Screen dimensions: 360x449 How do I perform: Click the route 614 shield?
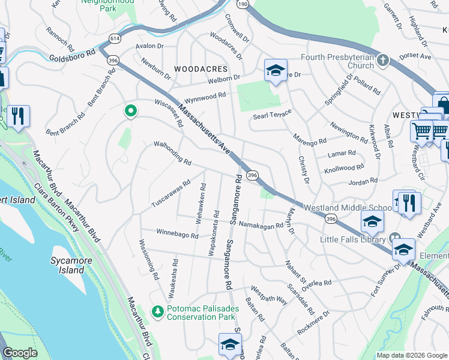click(113, 38)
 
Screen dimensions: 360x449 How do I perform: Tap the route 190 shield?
click(243, 4)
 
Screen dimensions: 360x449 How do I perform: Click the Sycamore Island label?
click(67, 265)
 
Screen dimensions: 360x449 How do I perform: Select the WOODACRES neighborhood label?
click(200, 70)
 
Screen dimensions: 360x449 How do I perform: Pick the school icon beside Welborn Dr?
click(275, 71)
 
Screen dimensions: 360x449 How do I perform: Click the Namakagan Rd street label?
click(261, 225)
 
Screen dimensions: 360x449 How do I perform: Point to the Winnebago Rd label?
click(177, 233)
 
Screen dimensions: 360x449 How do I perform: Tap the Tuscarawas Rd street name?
click(170, 194)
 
